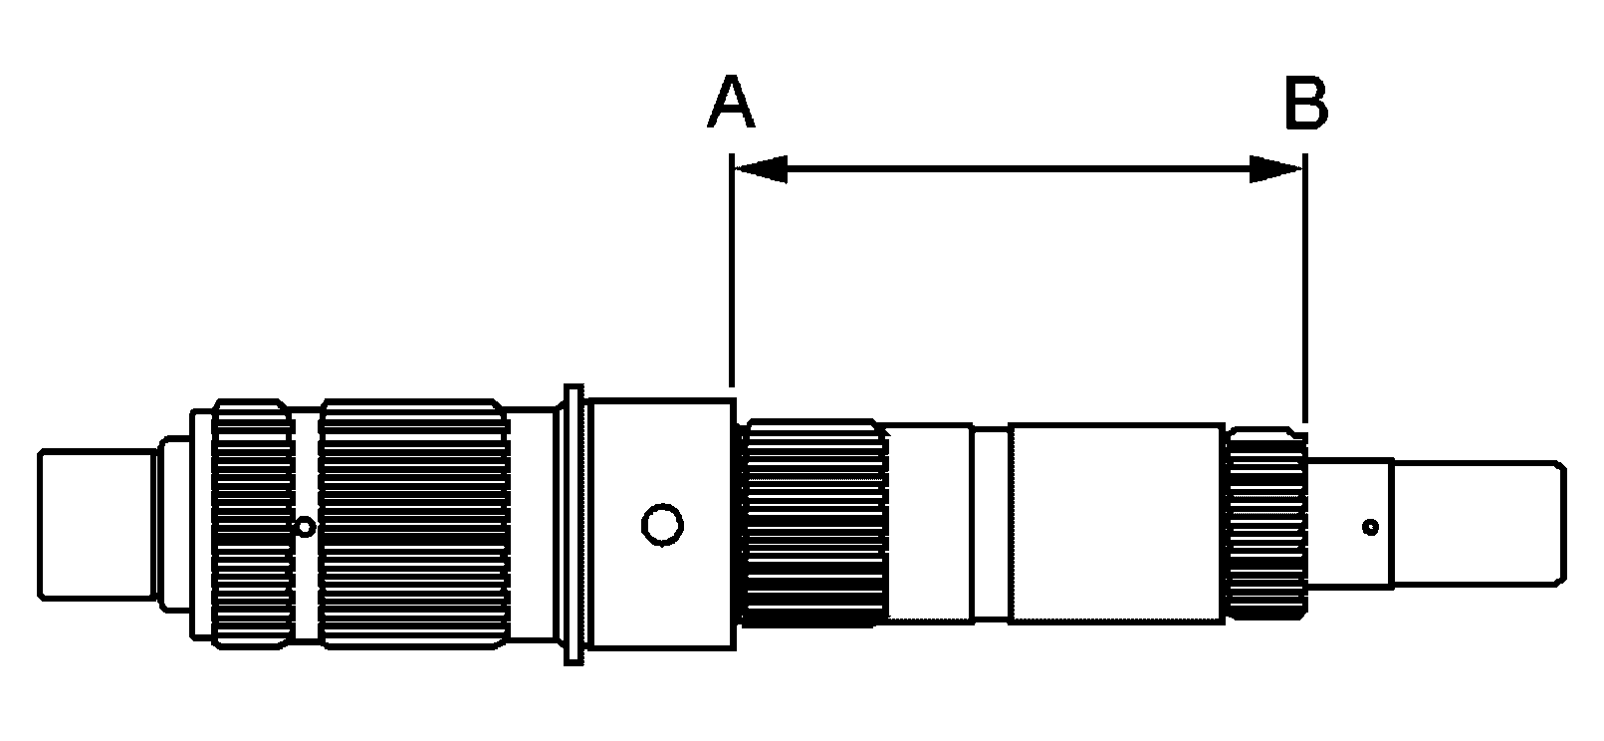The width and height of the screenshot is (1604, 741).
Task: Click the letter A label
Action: (731, 102)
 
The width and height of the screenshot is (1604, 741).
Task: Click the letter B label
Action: (1307, 102)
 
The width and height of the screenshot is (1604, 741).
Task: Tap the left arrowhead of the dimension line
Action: (761, 169)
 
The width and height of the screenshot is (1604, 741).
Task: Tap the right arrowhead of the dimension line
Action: (1276, 169)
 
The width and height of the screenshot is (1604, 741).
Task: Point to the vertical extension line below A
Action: (731, 270)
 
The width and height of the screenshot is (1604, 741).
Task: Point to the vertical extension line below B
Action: (1305, 288)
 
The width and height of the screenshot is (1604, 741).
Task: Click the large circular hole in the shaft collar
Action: (662, 525)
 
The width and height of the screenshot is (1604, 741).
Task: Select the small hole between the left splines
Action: (305, 528)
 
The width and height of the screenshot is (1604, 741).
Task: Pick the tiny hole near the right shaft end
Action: (1371, 528)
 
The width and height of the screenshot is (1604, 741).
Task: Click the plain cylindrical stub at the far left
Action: (98, 524)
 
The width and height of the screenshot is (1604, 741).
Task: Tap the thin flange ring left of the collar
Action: (573, 525)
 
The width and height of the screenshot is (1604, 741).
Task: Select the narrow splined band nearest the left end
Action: (253, 524)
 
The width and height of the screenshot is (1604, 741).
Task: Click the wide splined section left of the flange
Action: (414, 524)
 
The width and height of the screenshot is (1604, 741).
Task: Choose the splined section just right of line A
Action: (814, 524)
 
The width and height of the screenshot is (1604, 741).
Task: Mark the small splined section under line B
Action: (1266, 524)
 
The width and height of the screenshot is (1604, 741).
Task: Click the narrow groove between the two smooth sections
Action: (991, 524)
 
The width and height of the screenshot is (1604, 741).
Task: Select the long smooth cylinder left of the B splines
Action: (1116, 524)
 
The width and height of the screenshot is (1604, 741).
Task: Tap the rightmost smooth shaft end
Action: (1479, 524)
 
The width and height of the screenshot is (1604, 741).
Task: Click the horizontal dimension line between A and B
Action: (1019, 169)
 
